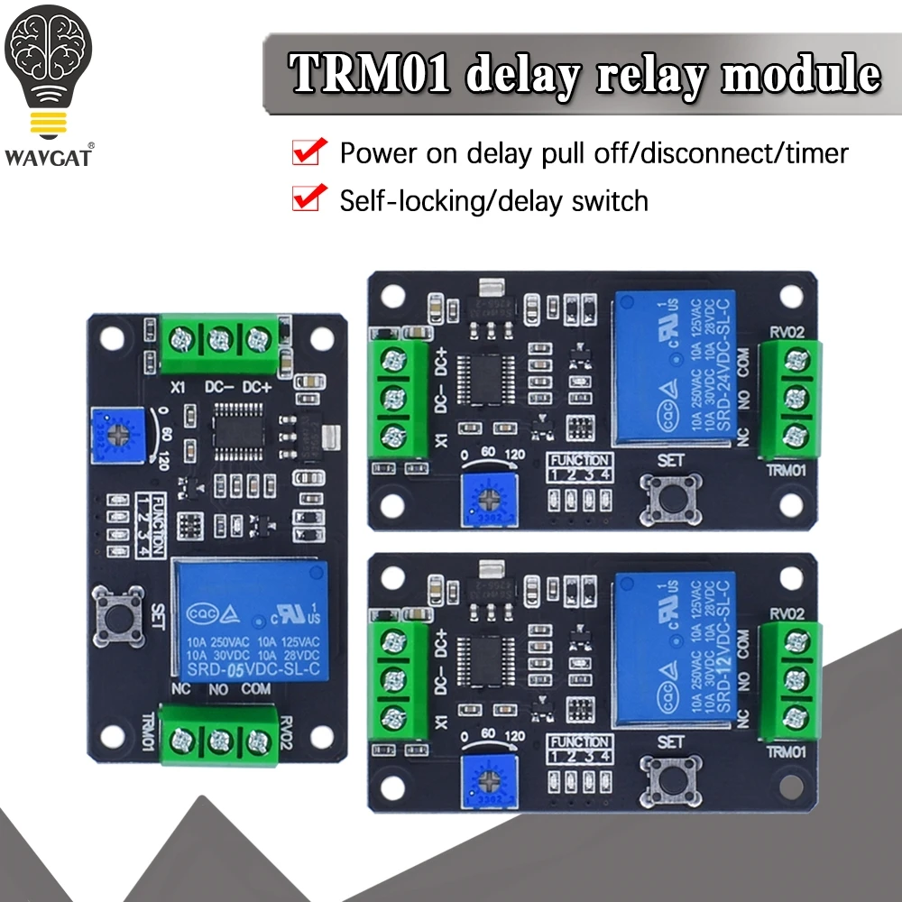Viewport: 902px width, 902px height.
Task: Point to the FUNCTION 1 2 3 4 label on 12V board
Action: [x=580, y=749]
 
